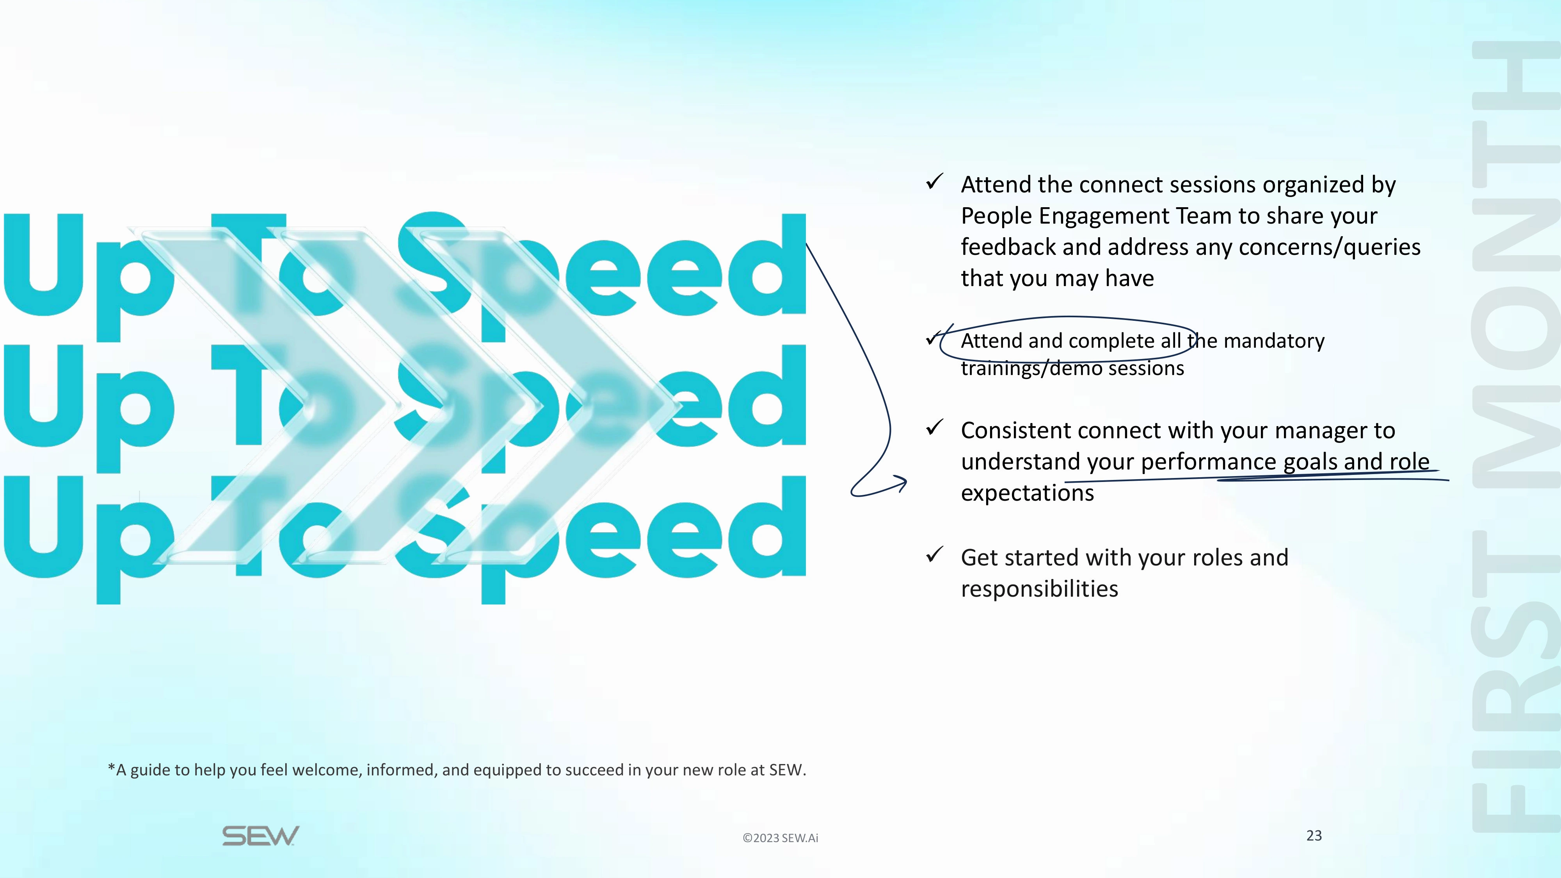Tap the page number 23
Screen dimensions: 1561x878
point(1314,835)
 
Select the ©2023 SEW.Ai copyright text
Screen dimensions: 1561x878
point(780,838)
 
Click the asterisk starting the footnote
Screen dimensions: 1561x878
point(112,768)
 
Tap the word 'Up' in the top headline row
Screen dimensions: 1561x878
point(87,277)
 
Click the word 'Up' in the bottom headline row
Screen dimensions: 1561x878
point(87,539)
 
